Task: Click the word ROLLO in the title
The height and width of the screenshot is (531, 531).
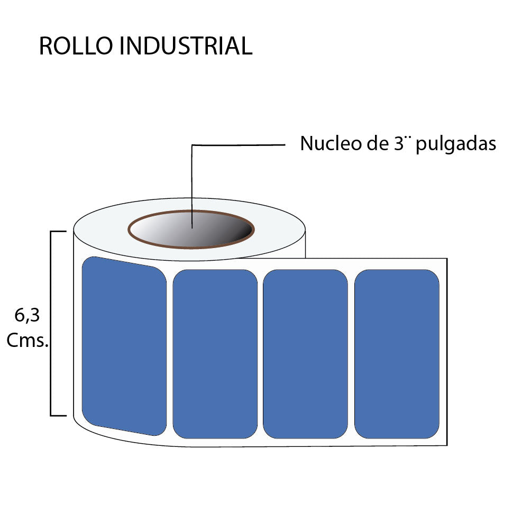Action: tap(76, 47)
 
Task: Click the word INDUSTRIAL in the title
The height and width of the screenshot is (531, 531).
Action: tap(186, 47)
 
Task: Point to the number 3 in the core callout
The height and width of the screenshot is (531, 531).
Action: tap(399, 144)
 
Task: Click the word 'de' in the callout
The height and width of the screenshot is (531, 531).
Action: tap(373, 144)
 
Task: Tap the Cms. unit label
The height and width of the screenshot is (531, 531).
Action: tap(28, 341)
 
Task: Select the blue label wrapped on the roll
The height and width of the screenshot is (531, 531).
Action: tap(124, 346)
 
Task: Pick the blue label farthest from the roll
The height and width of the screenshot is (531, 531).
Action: tap(397, 354)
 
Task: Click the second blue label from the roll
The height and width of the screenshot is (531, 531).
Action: tap(215, 354)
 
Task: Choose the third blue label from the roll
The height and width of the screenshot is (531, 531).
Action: tap(305, 354)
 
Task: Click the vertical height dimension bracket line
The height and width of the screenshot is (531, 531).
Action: tap(51, 323)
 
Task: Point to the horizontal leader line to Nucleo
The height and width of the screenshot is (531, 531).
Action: tap(238, 144)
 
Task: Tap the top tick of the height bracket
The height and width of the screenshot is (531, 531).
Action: tap(58, 231)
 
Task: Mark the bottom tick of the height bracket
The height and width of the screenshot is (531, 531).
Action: tap(58, 416)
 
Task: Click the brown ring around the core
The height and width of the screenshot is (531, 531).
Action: tap(130, 230)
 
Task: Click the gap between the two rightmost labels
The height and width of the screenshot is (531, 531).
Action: tap(351, 354)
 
